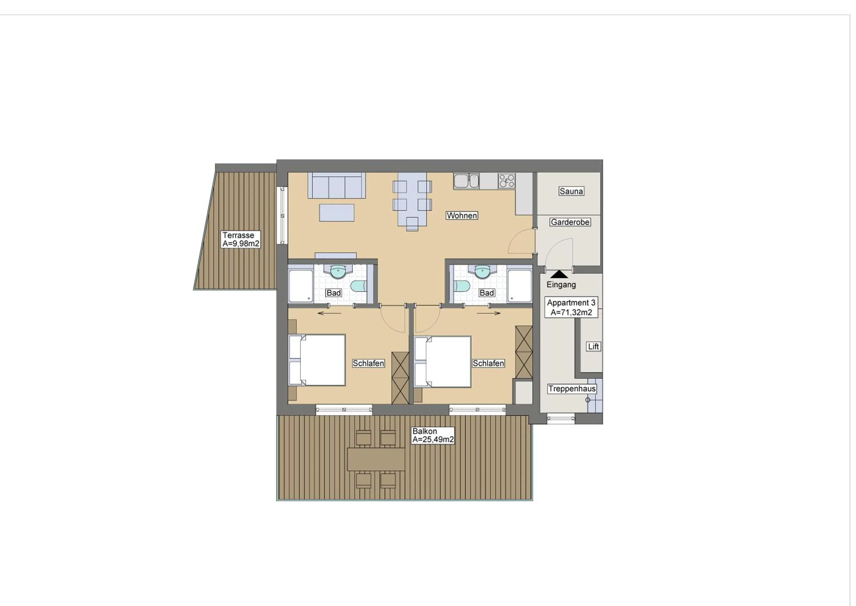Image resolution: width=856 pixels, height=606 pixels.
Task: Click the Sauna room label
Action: (571, 191)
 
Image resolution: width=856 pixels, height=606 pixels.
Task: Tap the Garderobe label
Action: (570, 222)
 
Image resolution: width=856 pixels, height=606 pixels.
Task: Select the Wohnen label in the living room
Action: (462, 215)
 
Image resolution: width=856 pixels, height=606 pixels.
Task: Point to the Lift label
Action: (593, 346)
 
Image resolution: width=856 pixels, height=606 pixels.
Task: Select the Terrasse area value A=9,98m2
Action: (241, 244)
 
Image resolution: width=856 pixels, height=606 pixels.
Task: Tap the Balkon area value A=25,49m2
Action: (433, 440)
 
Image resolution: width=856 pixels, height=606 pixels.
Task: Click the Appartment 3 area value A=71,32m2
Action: (571, 312)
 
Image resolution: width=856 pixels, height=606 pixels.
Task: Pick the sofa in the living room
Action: (336, 185)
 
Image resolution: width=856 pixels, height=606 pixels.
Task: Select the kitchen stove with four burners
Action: (506, 180)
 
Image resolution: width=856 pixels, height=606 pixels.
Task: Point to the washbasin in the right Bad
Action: (482, 271)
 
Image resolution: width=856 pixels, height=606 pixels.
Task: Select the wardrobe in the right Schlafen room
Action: (523, 352)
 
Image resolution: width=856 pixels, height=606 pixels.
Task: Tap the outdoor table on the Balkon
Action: (376, 459)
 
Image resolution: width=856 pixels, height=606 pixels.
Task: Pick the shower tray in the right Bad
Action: (519, 286)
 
